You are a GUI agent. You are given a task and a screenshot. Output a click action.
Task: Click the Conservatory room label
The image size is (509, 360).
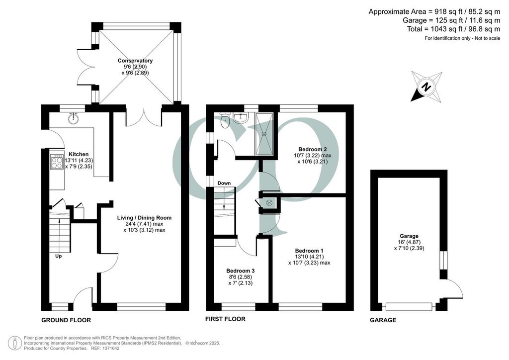point(135,61)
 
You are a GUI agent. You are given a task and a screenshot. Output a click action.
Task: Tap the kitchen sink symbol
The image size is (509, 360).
point(74,118)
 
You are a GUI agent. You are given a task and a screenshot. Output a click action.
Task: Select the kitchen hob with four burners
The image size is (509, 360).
point(57,162)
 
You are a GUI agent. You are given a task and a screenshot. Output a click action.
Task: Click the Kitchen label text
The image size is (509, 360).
point(79,154)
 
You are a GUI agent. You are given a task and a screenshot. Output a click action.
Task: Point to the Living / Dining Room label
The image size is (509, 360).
point(144,218)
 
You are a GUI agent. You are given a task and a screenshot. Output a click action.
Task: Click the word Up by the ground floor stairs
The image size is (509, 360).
point(59,256)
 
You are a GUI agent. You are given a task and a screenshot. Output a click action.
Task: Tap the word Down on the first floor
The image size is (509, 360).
point(224,183)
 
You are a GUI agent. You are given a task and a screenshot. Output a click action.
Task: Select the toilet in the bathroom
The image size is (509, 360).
point(225,121)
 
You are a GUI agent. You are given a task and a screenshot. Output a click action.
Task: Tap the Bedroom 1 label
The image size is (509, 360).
point(309,251)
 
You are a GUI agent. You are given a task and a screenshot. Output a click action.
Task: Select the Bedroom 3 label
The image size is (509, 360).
point(240,270)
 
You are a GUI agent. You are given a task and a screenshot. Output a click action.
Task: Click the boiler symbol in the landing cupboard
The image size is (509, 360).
point(269,203)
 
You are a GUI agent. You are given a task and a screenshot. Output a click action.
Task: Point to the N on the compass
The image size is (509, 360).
point(426,87)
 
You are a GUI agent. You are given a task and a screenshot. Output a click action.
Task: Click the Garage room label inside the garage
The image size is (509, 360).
point(409,236)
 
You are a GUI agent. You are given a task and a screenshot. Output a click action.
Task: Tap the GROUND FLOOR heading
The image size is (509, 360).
point(66,320)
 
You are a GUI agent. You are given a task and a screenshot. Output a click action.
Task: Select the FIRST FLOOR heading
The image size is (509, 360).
point(225,319)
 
